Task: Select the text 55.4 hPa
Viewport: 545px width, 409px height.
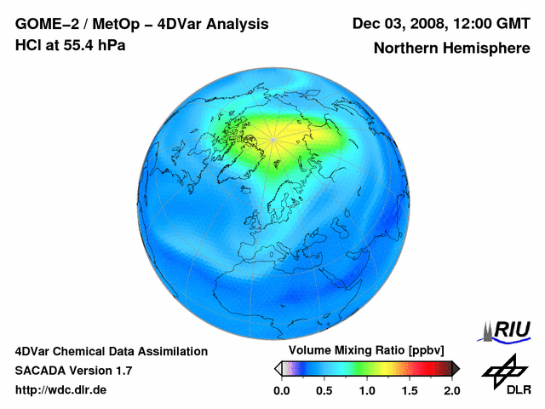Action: click(x=91, y=45)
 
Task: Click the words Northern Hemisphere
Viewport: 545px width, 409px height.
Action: click(x=452, y=49)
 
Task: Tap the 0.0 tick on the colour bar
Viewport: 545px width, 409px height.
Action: click(x=281, y=390)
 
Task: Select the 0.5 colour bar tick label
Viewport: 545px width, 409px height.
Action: click(x=324, y=390)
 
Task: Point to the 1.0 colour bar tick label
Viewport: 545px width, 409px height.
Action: click(x=366, y=390)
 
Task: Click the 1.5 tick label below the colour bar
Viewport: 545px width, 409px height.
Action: click(x=409, y=390)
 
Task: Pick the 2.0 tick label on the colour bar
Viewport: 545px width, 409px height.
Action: click(x=451, y=390)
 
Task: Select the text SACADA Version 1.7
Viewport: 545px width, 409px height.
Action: click(x=73, y=371)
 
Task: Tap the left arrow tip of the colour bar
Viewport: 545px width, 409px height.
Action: click(x=277, y=368)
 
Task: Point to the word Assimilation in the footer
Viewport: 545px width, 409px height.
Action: click(x=174, y=351)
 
